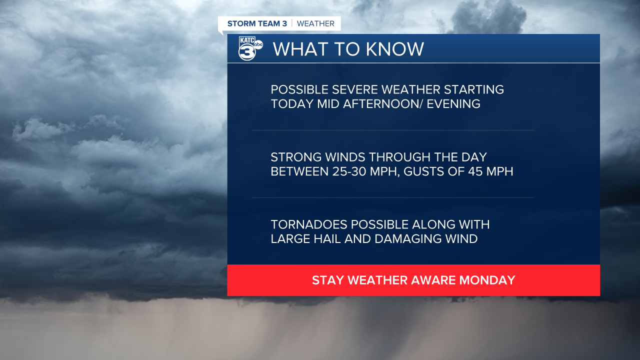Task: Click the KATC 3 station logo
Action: (x=250, y=48)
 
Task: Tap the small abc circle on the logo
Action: (x=258, y=44)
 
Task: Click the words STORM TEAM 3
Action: (x=257, y=23)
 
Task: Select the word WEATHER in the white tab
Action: (x=315, y=23)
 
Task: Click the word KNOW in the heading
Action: (x=395, y=49)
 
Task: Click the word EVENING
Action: (x=453, y=104)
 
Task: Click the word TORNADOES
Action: (x=308, y=224)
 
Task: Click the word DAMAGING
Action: (x=408, y=239)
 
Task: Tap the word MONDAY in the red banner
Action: (x=487, y=280)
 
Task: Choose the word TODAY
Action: (x=292, y=104)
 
